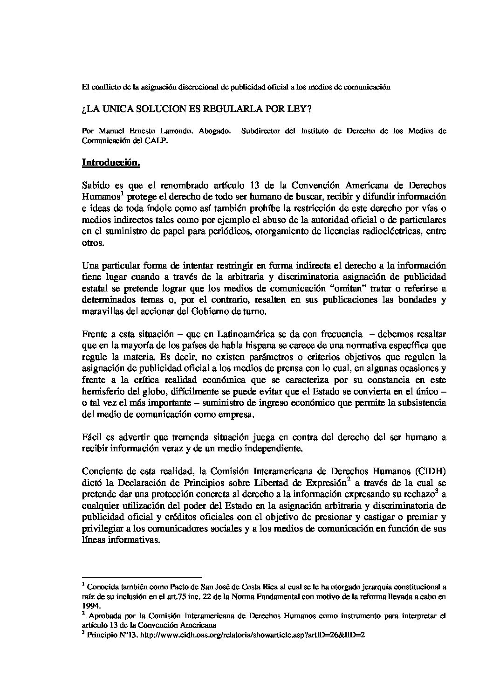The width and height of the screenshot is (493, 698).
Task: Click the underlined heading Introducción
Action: (111, 163)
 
